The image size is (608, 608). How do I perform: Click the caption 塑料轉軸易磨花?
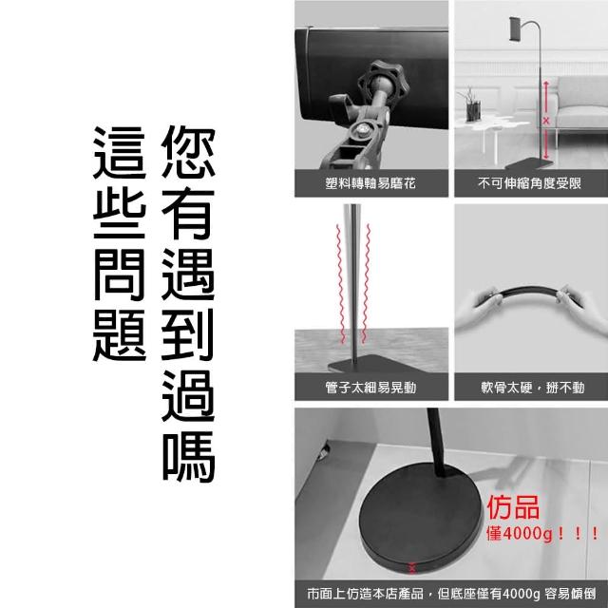tap(370, 183)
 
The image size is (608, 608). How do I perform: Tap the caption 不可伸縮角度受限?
tap(530, 183)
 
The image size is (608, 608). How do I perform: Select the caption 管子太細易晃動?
tap(370, 387)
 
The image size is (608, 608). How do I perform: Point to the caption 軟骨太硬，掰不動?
tap(532, 387)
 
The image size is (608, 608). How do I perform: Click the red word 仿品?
tap(513, 507)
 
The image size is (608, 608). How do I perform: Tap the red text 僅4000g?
tap(519, 534)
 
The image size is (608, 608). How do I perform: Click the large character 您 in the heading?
tap(188, 152)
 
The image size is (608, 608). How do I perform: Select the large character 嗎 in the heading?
tap(188, 456)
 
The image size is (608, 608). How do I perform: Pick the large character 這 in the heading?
tap(120, 153)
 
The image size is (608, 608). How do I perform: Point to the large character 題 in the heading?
tap(120, 335)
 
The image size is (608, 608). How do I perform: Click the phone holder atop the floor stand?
tap(516, 28)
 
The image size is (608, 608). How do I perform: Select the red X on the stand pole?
tap(546, 121)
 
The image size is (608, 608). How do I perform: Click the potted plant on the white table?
tap(471, 104)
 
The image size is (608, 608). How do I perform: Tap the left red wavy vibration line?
tap(340, 284)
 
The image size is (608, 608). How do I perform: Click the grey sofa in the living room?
tap(579, 104)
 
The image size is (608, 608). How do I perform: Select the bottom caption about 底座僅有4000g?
tap(451, 594)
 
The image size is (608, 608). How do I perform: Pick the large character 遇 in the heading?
tap(188, 274)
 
